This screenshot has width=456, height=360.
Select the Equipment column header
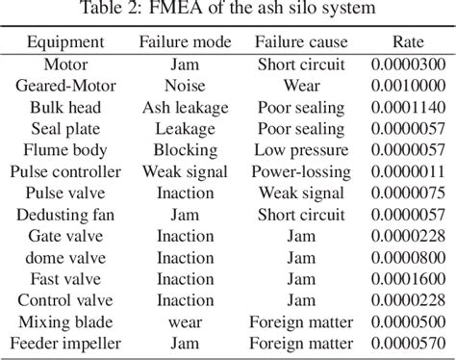64,43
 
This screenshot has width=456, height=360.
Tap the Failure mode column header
185,43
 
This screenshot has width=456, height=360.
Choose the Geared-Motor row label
64,86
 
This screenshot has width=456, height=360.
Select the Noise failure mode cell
185,86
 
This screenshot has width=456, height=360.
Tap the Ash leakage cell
185,107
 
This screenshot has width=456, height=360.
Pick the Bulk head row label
64,107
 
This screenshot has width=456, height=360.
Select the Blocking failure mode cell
185,149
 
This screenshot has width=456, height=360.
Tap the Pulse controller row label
64,171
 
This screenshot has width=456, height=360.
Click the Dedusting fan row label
64,214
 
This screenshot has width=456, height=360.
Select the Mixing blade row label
64,321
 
